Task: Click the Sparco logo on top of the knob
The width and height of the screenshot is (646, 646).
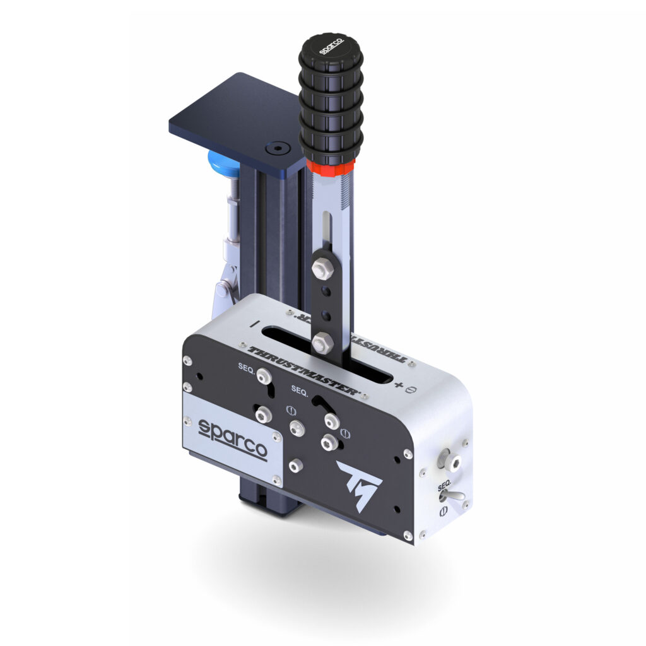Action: coord(330,48)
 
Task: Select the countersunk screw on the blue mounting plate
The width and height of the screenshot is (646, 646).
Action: coord(275,148)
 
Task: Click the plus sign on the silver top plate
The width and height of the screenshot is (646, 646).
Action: coord(399,384)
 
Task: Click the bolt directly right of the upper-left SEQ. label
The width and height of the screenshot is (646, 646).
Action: coord(267,377)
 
